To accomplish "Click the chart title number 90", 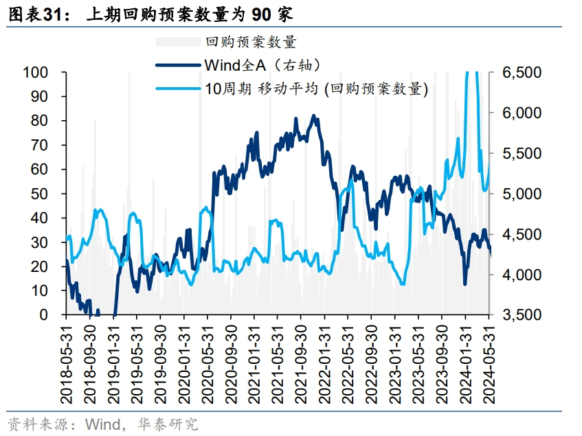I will click(265, 13).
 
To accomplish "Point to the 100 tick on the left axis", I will click(35, 73).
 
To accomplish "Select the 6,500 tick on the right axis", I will click(522, 73).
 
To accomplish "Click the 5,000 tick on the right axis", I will click(522, 194).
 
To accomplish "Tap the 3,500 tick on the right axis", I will click(522, 315).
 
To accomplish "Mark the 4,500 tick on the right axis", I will click(522, 234).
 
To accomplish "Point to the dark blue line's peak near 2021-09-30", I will click(313, 116).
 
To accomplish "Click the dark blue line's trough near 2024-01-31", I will click(465, 284).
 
